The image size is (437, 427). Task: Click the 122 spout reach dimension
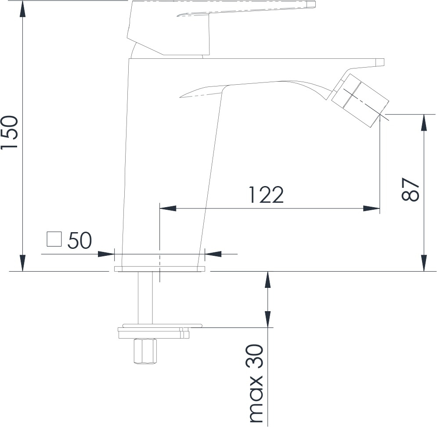(266, 195)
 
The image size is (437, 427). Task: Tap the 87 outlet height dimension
(410, 189)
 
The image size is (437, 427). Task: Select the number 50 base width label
(79, 240)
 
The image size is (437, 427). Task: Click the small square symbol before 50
(54, 239)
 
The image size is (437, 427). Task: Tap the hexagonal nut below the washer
(145, 351)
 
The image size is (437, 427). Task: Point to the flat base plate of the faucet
(159, 269)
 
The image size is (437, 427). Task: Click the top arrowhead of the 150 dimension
(22, 9)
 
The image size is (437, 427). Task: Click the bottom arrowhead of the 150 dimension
(22, 263)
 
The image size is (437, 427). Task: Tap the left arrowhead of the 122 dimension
(168, 208)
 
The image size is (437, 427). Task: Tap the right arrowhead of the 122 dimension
(372, 208)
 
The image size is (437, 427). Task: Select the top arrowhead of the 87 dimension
(424, 123)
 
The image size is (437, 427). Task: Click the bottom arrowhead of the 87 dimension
(424, 263)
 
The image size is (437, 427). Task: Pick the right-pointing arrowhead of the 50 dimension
(106, 254)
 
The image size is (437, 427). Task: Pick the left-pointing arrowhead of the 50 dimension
(213, 254)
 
